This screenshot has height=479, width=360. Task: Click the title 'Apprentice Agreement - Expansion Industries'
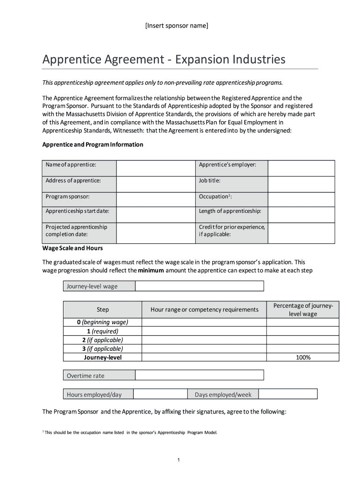coord(164,59)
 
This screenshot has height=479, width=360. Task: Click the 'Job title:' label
coord(209,181)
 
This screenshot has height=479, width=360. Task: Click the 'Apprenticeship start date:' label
coord(78,211)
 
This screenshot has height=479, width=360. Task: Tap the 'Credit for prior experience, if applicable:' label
coord(231,231)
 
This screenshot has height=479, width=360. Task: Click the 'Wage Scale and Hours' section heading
coord(72,248)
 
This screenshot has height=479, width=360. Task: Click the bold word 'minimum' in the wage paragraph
coord(151,270)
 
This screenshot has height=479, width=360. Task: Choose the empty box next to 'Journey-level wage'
coord(200,286)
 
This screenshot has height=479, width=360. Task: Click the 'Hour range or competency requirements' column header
coord(204,310)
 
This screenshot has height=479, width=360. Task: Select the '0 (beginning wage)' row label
coord(102,322)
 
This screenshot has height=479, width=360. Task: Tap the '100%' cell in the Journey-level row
coord(303,357)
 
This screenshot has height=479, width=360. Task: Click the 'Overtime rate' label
coord(86,376)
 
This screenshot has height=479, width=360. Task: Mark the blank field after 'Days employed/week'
coord(288,394)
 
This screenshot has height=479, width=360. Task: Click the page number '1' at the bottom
coord(179,460)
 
